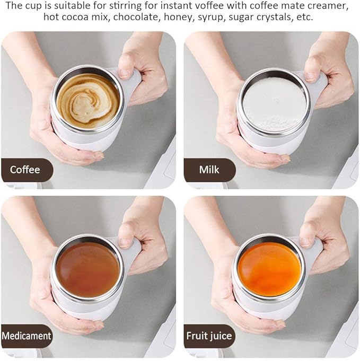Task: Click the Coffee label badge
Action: pyautogui.click(x=25, y=170)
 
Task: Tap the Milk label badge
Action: pyautogui.click(x=209, y=170)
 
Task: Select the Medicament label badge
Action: pyautogui.click(x=27, y=336)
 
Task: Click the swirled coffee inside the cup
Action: pyautogui.click(x=88, y=100)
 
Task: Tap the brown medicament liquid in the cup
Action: pyautogui.click(x=88, y=270)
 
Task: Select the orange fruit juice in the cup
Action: pyautogui.click(x=269, y=269)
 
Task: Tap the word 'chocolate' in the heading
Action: pyautogui.click(x=146, y=17)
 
